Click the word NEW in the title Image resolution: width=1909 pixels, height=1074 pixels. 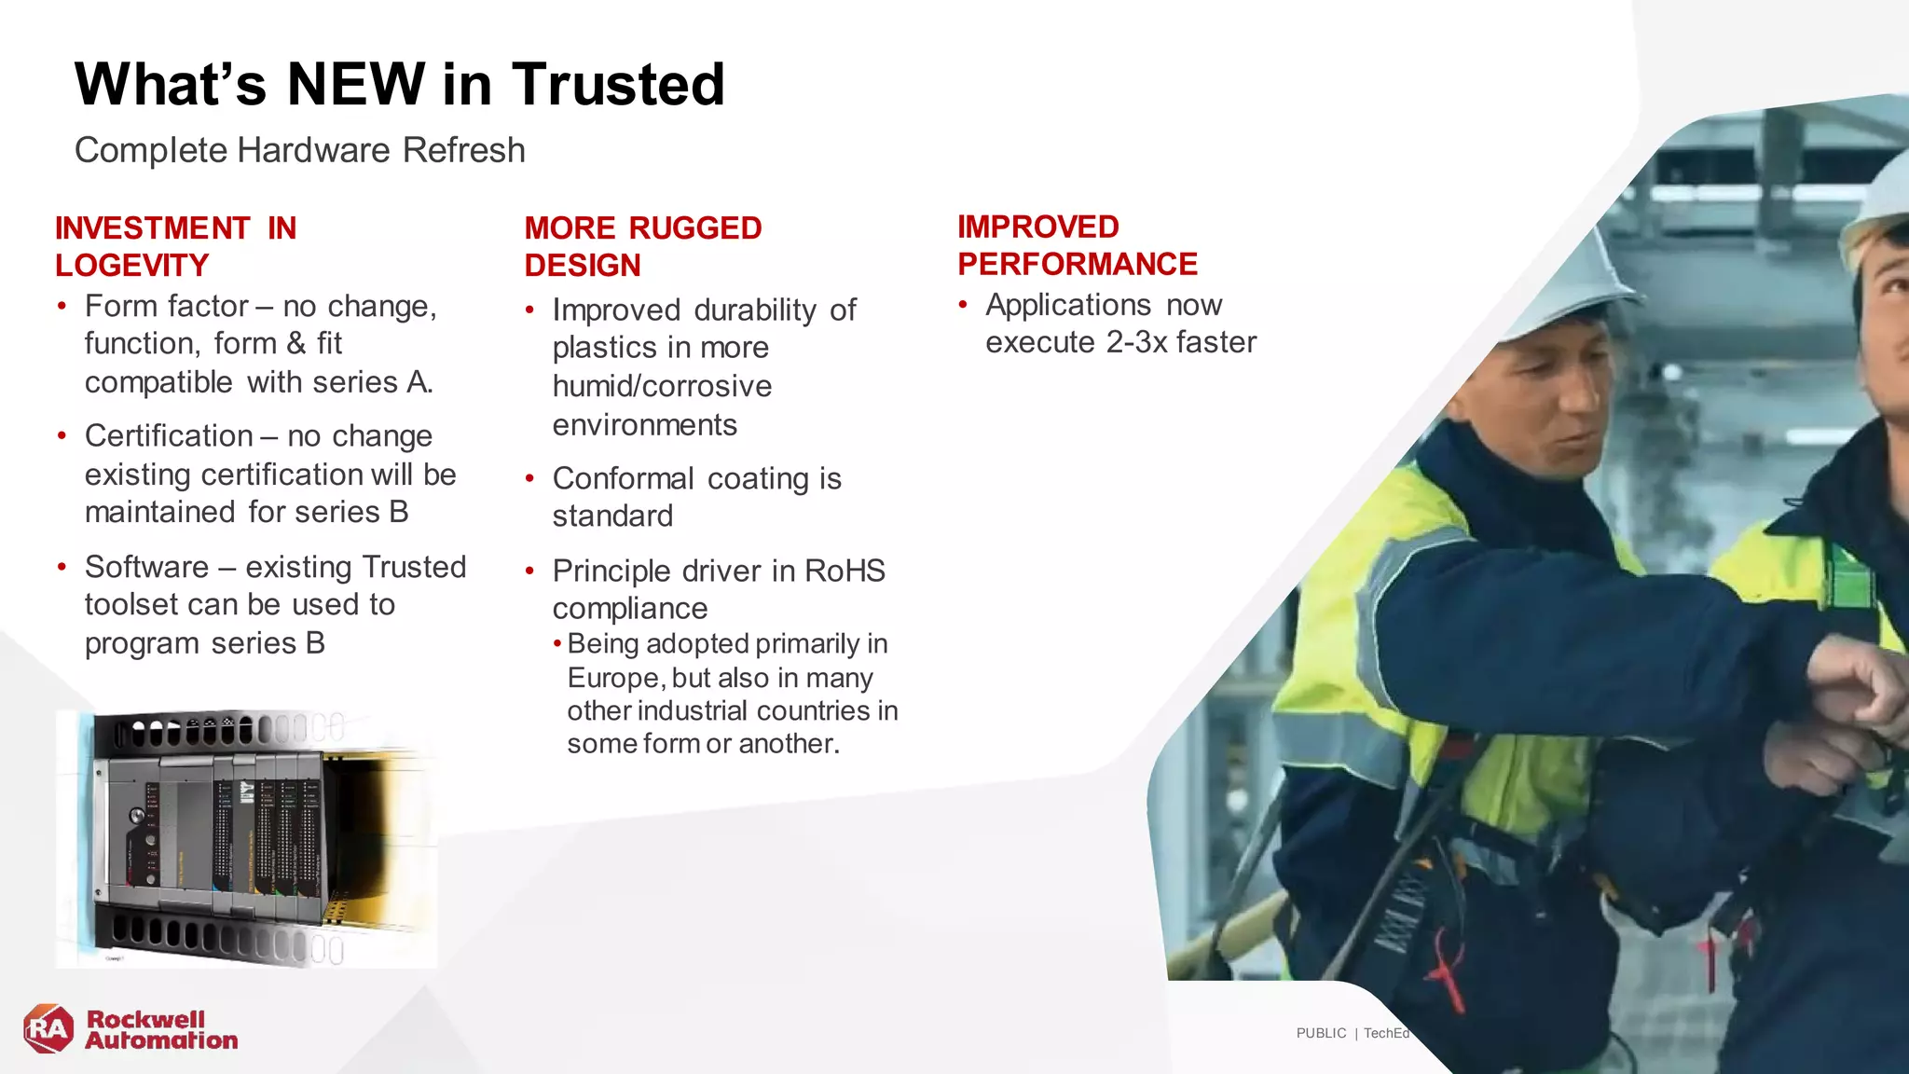coord(355,84)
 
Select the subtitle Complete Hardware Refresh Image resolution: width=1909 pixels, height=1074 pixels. coord(299,150)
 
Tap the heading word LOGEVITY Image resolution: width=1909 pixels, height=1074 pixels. coord(131,266)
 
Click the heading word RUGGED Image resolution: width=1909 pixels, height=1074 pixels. coord(695,228)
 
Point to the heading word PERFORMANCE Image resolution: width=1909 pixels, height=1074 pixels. coord(1077,265)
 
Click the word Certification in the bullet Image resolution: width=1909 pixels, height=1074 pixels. coord(169,435)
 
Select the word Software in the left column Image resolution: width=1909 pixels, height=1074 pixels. coord(147,567)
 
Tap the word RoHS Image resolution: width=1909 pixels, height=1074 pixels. coord(845,571)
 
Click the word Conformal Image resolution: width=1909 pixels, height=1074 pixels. coord(623,478)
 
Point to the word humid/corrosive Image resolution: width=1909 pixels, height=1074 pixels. coord(662,386)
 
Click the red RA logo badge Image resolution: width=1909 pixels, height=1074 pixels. coord(48,1029)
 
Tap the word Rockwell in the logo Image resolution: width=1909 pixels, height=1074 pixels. coord(145,1019)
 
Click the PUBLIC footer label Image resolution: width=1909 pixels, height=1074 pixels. coord(1321,1033)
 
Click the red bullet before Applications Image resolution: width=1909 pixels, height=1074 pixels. coord(963,305)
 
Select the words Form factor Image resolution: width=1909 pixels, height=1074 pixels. coord(166,306)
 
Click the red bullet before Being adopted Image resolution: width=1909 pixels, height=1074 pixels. coord(557,644)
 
